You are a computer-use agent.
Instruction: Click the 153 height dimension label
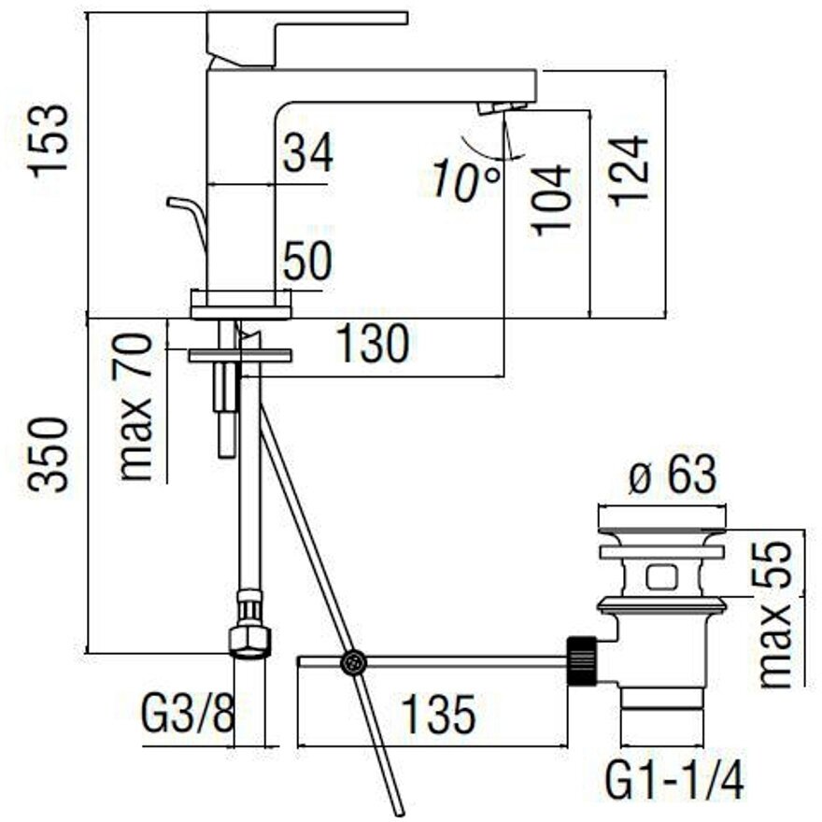pyautogui.click(x=48, y=140)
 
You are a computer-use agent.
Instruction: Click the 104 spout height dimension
pyautogui.click(x=550, y=200)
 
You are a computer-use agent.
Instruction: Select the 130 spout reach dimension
pyautogui.click(x=373, y=345)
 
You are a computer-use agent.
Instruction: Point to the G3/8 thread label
pyautogui.click(x=188, y=717)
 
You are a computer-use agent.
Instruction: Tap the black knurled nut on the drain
pyautogui.click(x=581, y=661)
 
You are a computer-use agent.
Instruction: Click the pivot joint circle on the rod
pyautogui.click(x=353, y=661)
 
